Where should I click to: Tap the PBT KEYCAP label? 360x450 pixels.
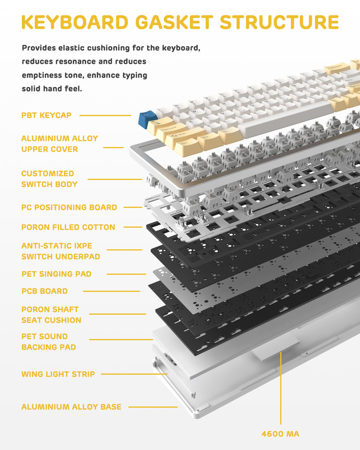[46, 115]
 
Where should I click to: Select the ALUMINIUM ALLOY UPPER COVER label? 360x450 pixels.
[59, 143]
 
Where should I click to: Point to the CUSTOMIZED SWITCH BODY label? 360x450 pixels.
[49, 179]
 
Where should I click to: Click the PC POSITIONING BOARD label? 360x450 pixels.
[69, 207]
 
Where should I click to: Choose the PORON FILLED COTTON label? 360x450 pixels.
[68, 227]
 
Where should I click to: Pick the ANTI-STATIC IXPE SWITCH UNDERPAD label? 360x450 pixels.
[61, 251]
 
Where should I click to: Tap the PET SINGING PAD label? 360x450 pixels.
[56, 274]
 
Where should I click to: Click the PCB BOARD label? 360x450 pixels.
[44, 291]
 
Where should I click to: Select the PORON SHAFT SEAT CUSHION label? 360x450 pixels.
[51, 315]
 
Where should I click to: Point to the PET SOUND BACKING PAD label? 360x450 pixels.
[48, 341]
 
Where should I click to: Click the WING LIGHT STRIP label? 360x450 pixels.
[58, 374]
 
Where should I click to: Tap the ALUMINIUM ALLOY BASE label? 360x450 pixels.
[71, 407]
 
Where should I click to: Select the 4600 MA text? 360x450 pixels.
[280, 434]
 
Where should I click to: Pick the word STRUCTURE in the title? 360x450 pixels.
[279, 22]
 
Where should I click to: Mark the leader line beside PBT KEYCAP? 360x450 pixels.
[105, 115]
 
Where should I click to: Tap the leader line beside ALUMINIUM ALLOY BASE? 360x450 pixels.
[153, 407]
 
